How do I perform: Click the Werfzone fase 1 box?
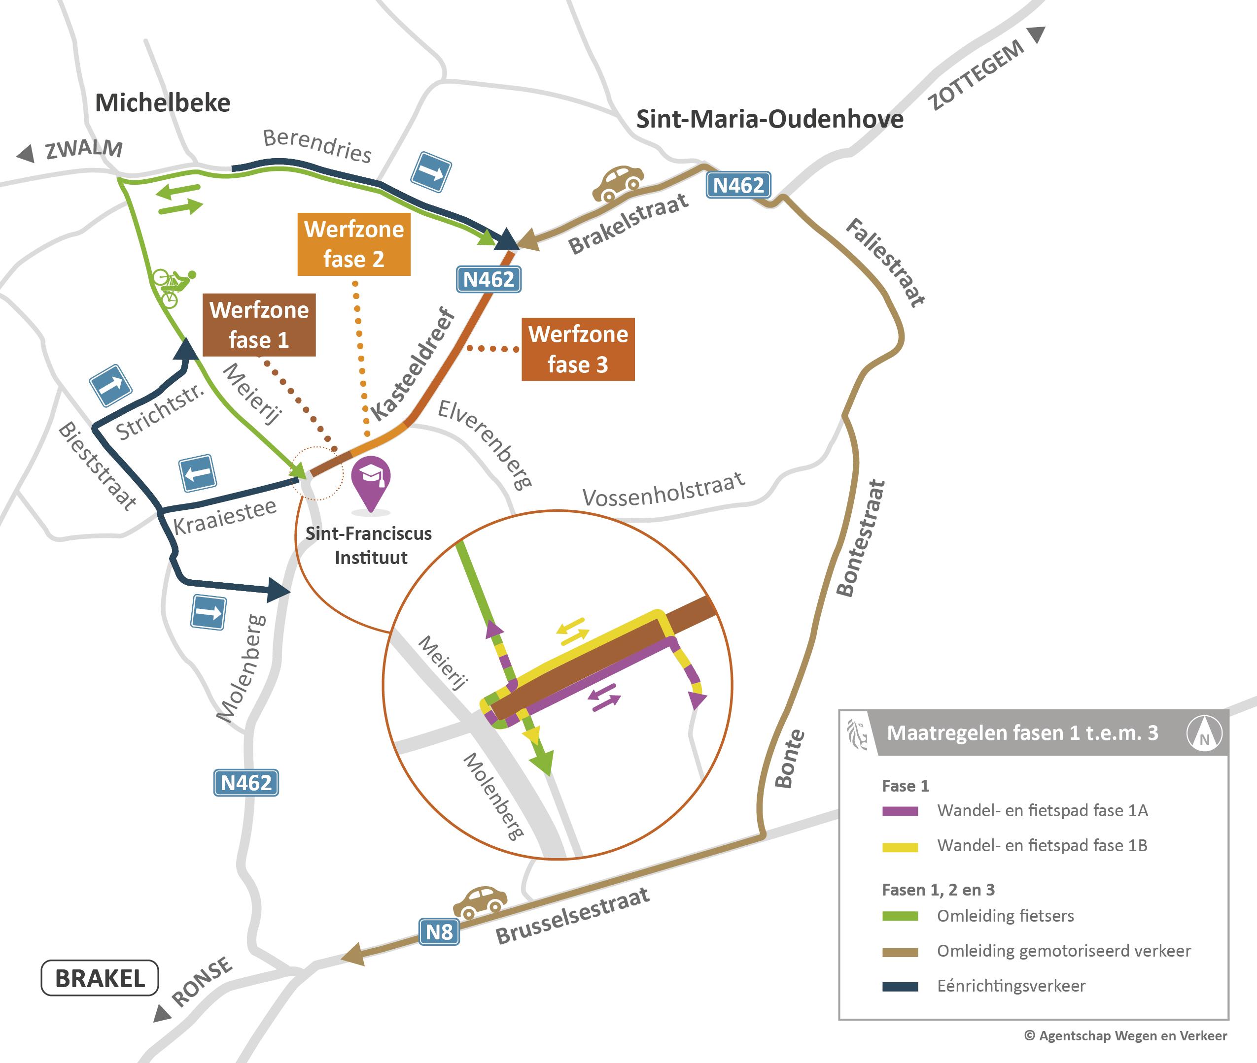[x=259, y=325]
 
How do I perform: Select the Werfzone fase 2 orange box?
[x=354, y=244]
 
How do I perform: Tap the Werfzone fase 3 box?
[x=578, y=349]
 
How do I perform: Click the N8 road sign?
[x=439, y=931]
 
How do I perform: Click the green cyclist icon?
[x=173, y=287]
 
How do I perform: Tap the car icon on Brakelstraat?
[x=618, y=183]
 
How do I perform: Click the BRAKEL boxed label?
[x=100, y=978]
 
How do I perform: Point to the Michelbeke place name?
[x=163, y=103]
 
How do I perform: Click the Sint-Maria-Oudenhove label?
[x=770, y=119]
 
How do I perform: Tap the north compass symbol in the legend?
[x=1204, y=733]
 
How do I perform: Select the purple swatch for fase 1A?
[x=900, y=811]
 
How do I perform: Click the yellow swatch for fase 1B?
[x=900, y=847]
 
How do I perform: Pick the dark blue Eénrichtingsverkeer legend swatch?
[x=900, y=987]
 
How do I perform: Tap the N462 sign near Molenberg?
[x=246, y=783]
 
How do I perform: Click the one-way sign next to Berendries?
[x=431, y=172]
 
